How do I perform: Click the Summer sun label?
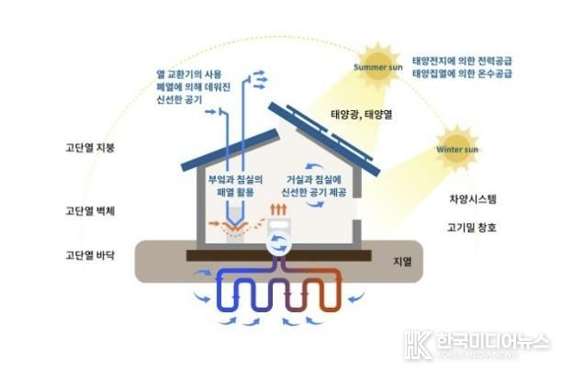click(378, 67)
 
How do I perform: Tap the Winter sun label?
click(457, 150)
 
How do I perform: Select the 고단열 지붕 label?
click(90, 148)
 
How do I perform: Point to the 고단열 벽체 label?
click(90, 211)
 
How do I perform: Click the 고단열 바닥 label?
click(90, 255)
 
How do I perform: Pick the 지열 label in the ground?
click(402, 262)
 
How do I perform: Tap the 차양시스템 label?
click(473, 199)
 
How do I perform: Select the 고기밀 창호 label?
click(472, 228)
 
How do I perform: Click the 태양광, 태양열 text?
click(362, 115)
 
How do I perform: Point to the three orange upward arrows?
click(278, 209)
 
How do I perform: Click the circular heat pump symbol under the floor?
click(278, 243)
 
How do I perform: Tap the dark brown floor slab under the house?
click(279, 255)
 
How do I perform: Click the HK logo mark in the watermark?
click(419, 344)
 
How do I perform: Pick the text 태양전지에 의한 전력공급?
click(462, 61)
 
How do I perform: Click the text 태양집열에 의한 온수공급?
click(462, 73)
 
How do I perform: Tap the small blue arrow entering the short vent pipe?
click(211, 112)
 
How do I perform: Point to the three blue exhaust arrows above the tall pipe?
click(260, 80)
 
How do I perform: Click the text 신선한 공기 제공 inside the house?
click(314, 192)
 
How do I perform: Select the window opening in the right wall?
click(356, 209)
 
